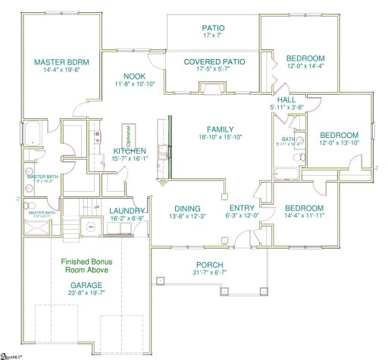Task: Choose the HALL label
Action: click(x=287, y=99)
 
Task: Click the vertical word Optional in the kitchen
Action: click(x=128, y=136)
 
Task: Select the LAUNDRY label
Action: click(x=126, y=211)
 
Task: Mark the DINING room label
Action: click(x=186, y=208)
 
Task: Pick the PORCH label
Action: click(x=208, y=263)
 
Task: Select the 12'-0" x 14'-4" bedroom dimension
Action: click(x=305, y=68)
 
